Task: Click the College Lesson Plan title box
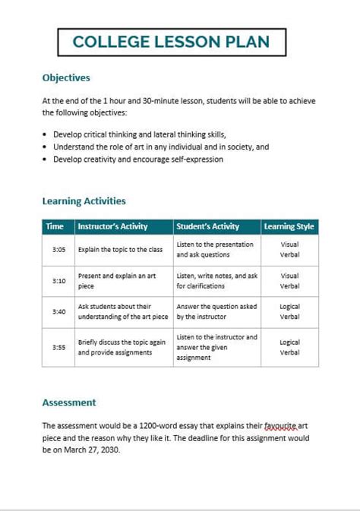172,43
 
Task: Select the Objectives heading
66,77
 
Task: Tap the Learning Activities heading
84,201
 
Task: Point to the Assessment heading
69,402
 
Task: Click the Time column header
55,226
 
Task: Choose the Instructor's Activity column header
113,226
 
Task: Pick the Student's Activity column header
207,226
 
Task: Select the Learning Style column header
289,226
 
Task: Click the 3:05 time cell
59,249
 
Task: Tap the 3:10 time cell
59,281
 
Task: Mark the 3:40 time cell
59,311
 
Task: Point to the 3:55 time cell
59,347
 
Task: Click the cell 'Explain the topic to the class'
120,249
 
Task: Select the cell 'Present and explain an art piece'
117,281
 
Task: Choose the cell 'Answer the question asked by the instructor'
216,311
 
